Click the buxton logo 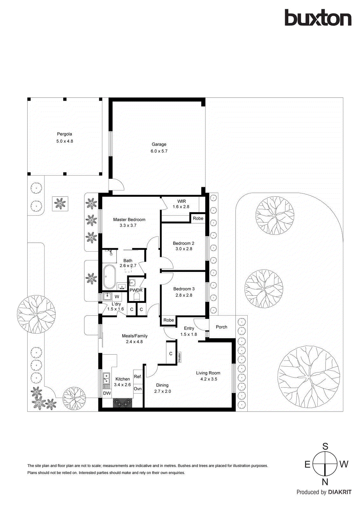pyautogui.click(x=318, y=18)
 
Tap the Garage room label pyautogui.click(x=159, y=144)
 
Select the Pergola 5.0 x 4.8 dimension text pyautogui.click(x=65, y=141)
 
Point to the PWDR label pyautogui.click(x=136, y=290)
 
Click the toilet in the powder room pyautogui.click(x=137, y=297)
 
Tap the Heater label pyautogui.click(x=180, y=357)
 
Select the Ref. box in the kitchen pyautogui.click(x=138, y=377)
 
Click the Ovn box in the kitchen pyautogui.click(x=138, y=389)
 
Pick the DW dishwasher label pyautogui.click(x=107, y=393)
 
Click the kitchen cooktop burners pyautogui.click(x=123, y=403)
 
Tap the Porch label pyautogui.click(x=222, y=327)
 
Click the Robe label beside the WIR pyautogui.click(x=198, y=218)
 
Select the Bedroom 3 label pyautogui.click(x=184, y=289)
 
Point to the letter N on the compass pyautogui.click(x=325, y=482)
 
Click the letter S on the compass pyautogui.click(x=325, y=446)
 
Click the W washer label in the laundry pyautogui.click(x=117, y=296)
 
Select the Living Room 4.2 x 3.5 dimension pyautogui.click(x=208, y=379)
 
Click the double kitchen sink pyautogui.click(x=106, y=379)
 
